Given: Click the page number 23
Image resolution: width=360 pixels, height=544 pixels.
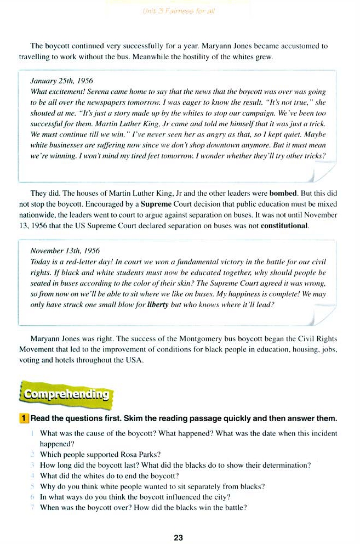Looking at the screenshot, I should pos(178,537).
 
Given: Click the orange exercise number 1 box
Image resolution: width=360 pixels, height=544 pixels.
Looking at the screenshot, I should pos(24,418).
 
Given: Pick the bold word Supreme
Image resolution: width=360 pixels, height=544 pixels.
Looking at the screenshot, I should pos(157,203).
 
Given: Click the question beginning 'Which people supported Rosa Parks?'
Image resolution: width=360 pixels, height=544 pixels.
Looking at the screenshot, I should pos(100,454).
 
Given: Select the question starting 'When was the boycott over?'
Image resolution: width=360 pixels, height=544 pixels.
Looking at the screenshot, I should pos(143,507).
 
